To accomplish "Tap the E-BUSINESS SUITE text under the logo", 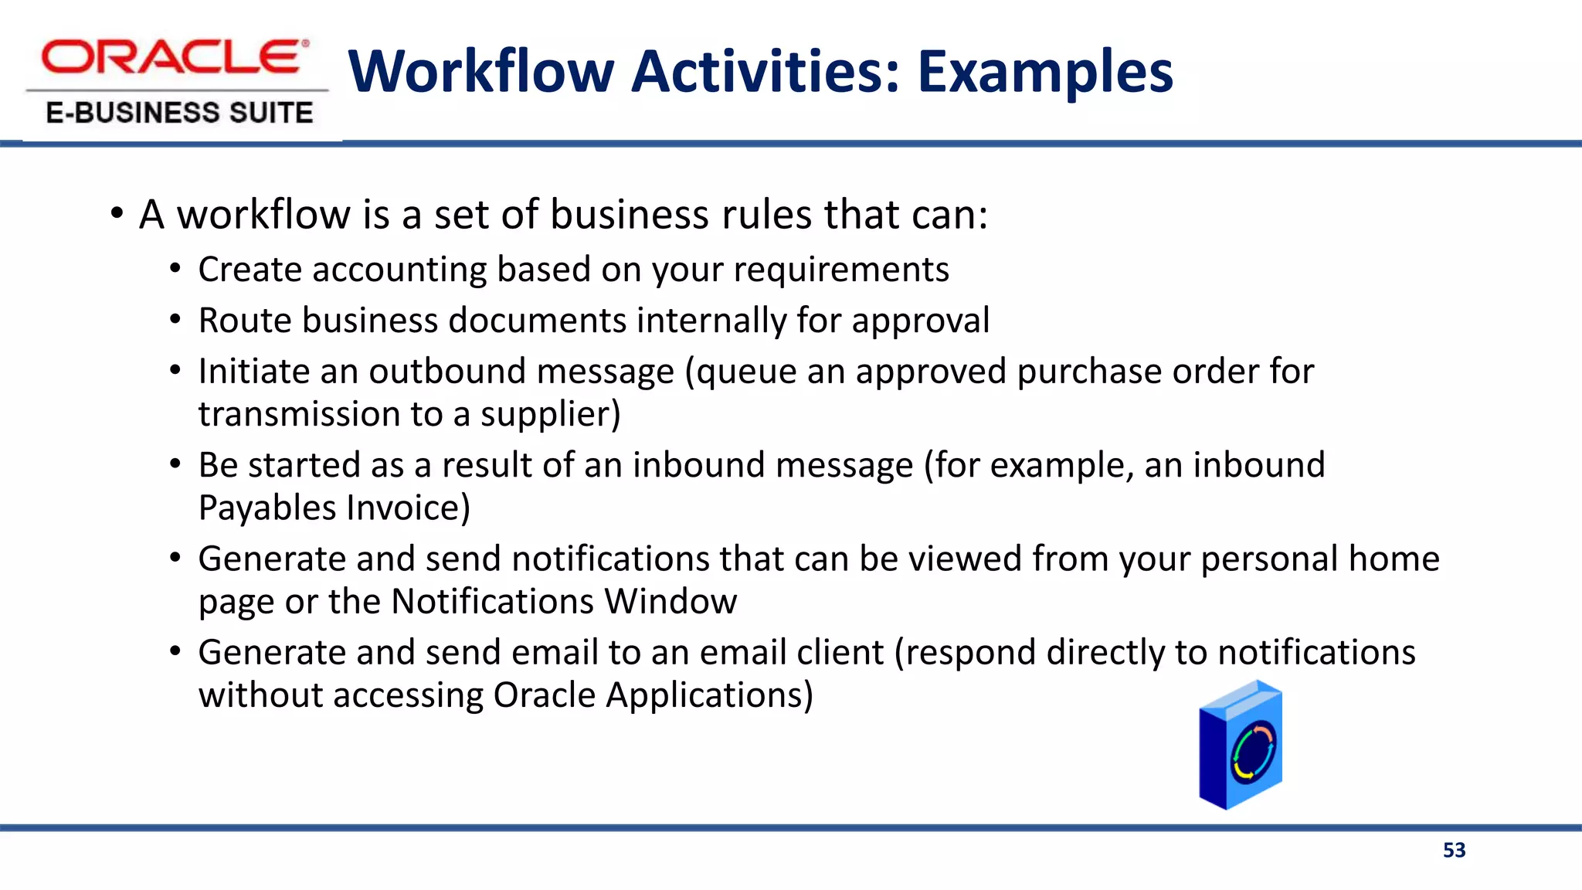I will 179,113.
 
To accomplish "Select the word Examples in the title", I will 1045,72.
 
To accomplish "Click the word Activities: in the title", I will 766,72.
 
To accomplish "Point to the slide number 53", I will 1454,851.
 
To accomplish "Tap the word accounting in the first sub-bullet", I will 399,270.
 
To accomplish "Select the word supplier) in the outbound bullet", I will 550,415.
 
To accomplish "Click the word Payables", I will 267,508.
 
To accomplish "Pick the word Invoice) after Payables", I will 408,508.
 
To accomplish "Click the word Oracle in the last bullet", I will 544,695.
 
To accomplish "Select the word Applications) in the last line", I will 709,695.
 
